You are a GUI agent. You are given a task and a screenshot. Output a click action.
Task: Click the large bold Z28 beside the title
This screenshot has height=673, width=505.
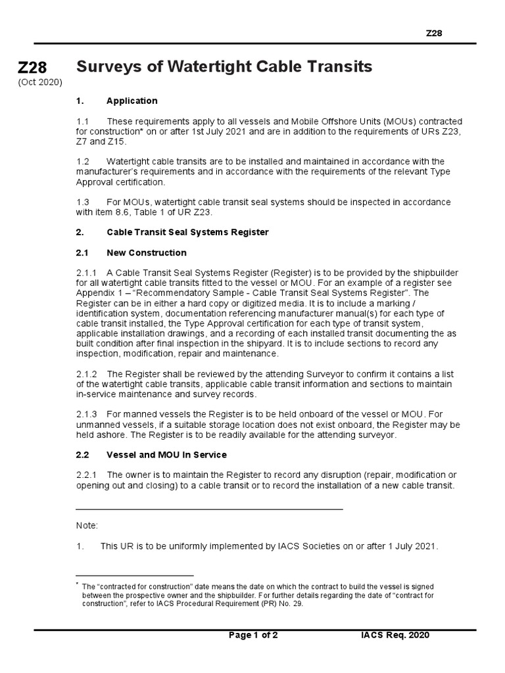tap(33, 67)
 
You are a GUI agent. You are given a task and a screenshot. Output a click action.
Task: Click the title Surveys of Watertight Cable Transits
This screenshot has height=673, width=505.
tap(224, 66)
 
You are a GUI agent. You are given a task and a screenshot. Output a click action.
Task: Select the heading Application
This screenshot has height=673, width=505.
tap(132, 101)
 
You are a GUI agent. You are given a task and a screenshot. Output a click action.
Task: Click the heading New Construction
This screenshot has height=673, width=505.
tap(147, 252)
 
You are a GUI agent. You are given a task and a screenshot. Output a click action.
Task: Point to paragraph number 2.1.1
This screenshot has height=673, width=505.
tap(87, 273)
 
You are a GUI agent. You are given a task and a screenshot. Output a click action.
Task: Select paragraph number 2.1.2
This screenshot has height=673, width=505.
tap(87, 374)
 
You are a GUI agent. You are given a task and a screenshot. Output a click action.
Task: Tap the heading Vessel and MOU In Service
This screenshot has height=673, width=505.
tap(167, 454)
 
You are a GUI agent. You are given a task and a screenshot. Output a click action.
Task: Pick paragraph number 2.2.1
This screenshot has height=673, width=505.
tap(87, 475)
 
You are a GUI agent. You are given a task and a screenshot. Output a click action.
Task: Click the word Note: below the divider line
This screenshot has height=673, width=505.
tap(87, 525)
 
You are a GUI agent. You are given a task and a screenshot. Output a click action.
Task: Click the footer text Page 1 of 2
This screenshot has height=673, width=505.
tap(253, 635)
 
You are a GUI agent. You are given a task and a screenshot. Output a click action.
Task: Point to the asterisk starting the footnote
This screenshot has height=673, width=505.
tap(78, 584)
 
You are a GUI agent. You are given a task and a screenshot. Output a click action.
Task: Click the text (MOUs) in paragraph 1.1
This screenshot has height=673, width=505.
tap(381, 122)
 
